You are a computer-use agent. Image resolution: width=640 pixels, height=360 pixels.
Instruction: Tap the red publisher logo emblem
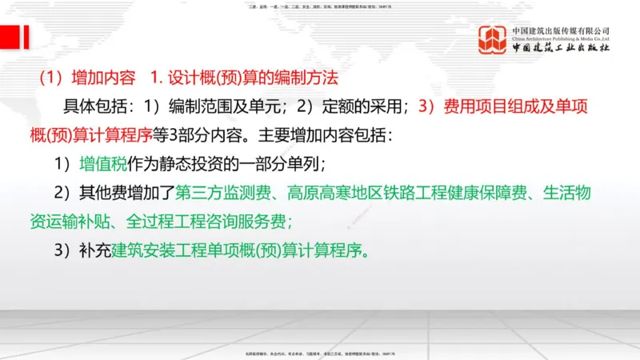[x=493, y=39]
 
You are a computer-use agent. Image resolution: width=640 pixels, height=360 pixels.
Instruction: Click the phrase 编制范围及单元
[x=206, y=106]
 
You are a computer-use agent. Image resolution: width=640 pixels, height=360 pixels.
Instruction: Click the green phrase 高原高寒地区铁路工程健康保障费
[x=400, y=193]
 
